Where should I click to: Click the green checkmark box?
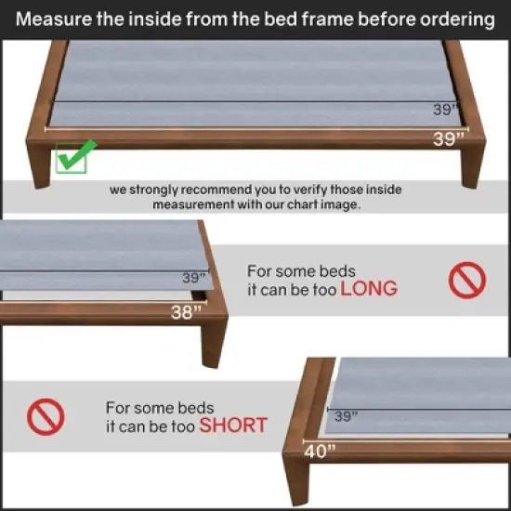point(71,158)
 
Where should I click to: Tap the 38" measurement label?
point(186,313)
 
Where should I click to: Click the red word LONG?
point(368,289)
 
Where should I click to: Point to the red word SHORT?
point(233,426)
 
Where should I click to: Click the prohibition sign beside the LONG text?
point(467,280)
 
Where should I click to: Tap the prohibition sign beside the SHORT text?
point(45,418)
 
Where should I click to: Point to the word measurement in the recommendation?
point(196,203)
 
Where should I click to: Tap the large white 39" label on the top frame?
point(448,140)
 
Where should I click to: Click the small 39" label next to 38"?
point(193,277)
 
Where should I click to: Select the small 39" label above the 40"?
point(346,417)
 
